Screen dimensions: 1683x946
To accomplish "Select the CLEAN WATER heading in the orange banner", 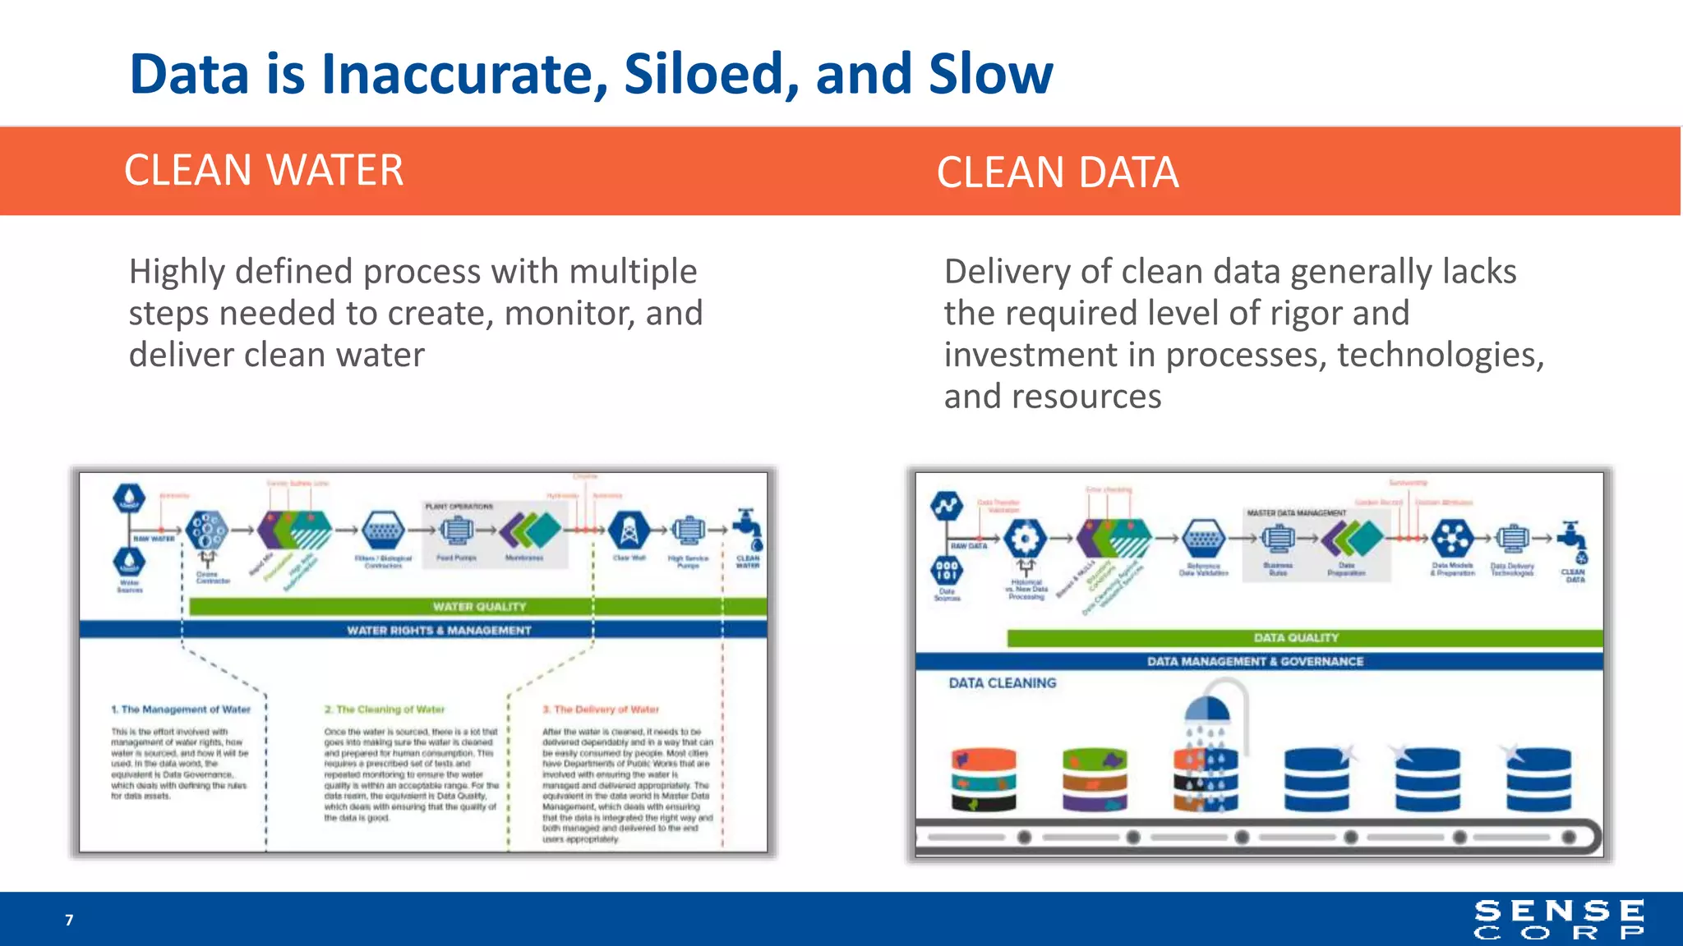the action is click(264, 171).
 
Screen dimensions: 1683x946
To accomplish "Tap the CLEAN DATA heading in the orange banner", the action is click(1058, 172).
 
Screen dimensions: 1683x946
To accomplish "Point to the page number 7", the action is click(69, 920).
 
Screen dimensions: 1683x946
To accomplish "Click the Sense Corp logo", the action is click(1558, 919).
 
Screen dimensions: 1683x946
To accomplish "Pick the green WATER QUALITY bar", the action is click(478, 607).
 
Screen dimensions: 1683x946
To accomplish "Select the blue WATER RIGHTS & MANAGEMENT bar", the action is click(439, 630).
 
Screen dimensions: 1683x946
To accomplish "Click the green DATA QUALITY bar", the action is click(1296, 637).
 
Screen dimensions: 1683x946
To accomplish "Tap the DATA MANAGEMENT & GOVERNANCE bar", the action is click(1255, 661).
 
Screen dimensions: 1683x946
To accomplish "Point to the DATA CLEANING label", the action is click(1002, 682).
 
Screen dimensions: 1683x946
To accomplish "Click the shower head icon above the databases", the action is click(1206, 711).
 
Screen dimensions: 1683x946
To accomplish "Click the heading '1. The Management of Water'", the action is click(181, 709).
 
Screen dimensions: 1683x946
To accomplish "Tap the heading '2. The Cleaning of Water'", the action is click(384, 709).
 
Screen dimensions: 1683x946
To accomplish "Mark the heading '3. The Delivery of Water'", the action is click(601, 709).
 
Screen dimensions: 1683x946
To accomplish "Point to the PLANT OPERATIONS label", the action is click(459, 507).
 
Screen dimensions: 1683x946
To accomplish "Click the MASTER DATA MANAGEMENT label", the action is click(1296, 512).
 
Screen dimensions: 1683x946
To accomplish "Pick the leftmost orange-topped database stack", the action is click(984, 779).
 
